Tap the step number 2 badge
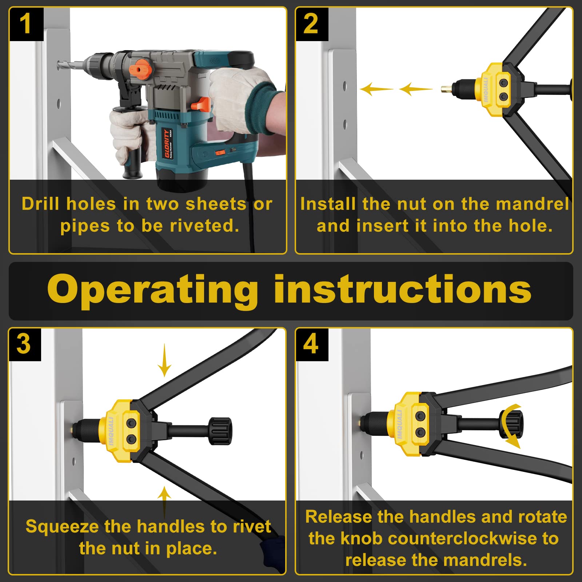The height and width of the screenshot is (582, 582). pos(311,24)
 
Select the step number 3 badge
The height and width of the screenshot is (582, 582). pos(24,344)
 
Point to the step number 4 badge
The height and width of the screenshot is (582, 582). pos(311,344)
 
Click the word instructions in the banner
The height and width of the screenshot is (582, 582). pos(402,290)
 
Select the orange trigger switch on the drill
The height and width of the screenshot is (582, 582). pos(201,104)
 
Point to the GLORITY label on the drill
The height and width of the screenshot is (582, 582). pos(167,144)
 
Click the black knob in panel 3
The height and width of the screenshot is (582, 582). pos(220,431)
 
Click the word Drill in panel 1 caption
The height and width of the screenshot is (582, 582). pos(40,204)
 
